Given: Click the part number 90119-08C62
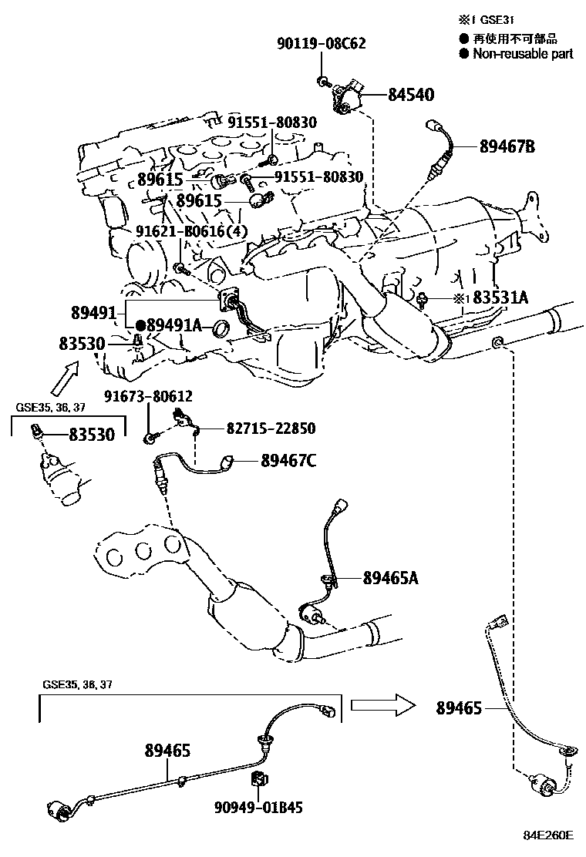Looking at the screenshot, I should click(x=321, y=44).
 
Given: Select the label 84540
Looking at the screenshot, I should click(x=410, y=96).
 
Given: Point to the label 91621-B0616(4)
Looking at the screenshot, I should click(x=192, y=231).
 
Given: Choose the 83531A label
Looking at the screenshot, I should click(x=500, y=297).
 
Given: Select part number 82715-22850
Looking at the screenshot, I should click(x=271, y=428).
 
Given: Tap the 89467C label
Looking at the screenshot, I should click(x=288, y=461).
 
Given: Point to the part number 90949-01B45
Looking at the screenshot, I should click(x=258, y=808).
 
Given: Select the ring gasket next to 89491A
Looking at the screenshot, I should click(x=222, y=328).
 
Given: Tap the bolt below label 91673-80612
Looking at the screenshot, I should click(x=149, y=438).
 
